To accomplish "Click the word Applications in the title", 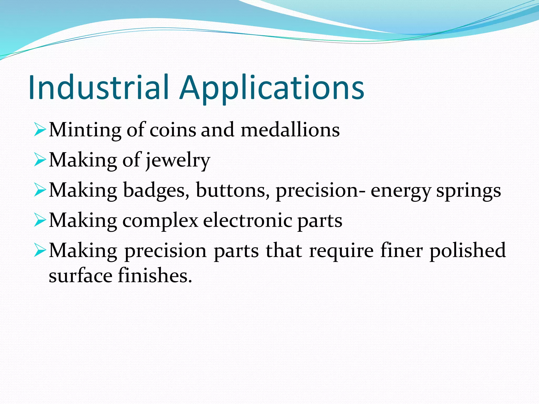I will pyautogui.click(x=272, y=88).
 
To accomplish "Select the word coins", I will pyautogui.click(x=173, y=130).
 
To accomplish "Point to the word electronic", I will pyautogui.click(x=247, y=220).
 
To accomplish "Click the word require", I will pyautogui.click(x=341, y=250).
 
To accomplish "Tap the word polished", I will pyautogui.click(x=467, y=250).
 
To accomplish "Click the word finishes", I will pyautogui.click(x=155, y=275).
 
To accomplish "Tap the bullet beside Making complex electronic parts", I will pyautogui.click(x=40, y=221).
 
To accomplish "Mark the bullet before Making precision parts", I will pyautogui.click(x=40, y=251).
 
